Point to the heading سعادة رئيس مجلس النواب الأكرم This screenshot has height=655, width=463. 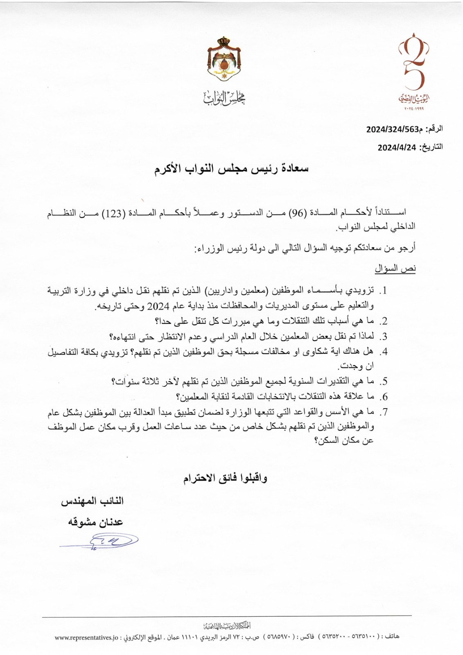click(231, 169)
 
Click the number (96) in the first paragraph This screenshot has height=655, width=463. click(297, 212)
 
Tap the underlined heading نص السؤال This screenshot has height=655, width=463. click(395, 269)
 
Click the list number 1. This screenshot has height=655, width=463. click(384, 291)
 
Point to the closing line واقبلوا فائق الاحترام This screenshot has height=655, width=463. click(225, 478)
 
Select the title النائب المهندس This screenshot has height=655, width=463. click(92, 501)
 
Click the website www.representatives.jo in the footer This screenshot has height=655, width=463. click(86, 637)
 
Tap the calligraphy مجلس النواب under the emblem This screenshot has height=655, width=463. click(224, 97)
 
